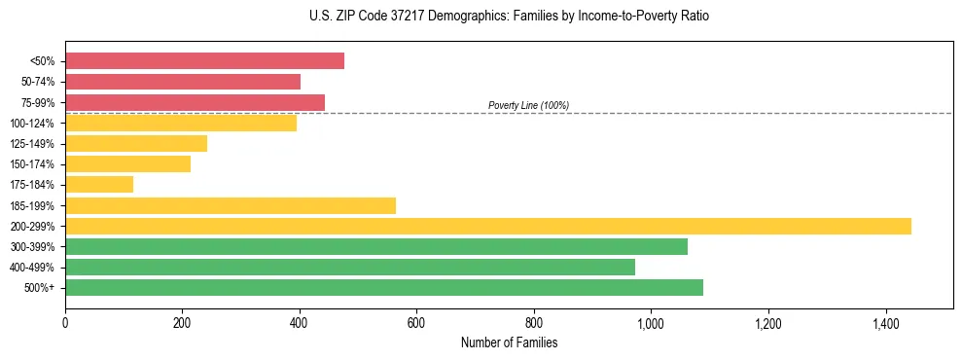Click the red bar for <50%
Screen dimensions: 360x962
pyautogui.click(x=204, y=61)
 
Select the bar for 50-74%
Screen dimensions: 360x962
pyautogui.click(x=183, y=82)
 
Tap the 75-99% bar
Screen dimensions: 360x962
pyautogui.click(x=195, y=102)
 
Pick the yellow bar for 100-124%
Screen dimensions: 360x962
pyautogui.click(x=181, y=123)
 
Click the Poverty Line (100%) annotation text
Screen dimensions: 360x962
pyautogui.click(x=528, y=105)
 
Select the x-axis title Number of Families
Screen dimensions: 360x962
pyautogui.click(x=509, y=342)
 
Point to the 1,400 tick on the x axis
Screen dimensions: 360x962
pyautogui.click(x=885, y=322)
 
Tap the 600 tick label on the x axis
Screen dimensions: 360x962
pyautogui.click(x=416, y=322)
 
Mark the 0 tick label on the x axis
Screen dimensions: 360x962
pyautogui.click(x=65, y=322)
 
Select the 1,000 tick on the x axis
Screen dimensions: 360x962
pyautogui.click(x=651, y=322)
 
